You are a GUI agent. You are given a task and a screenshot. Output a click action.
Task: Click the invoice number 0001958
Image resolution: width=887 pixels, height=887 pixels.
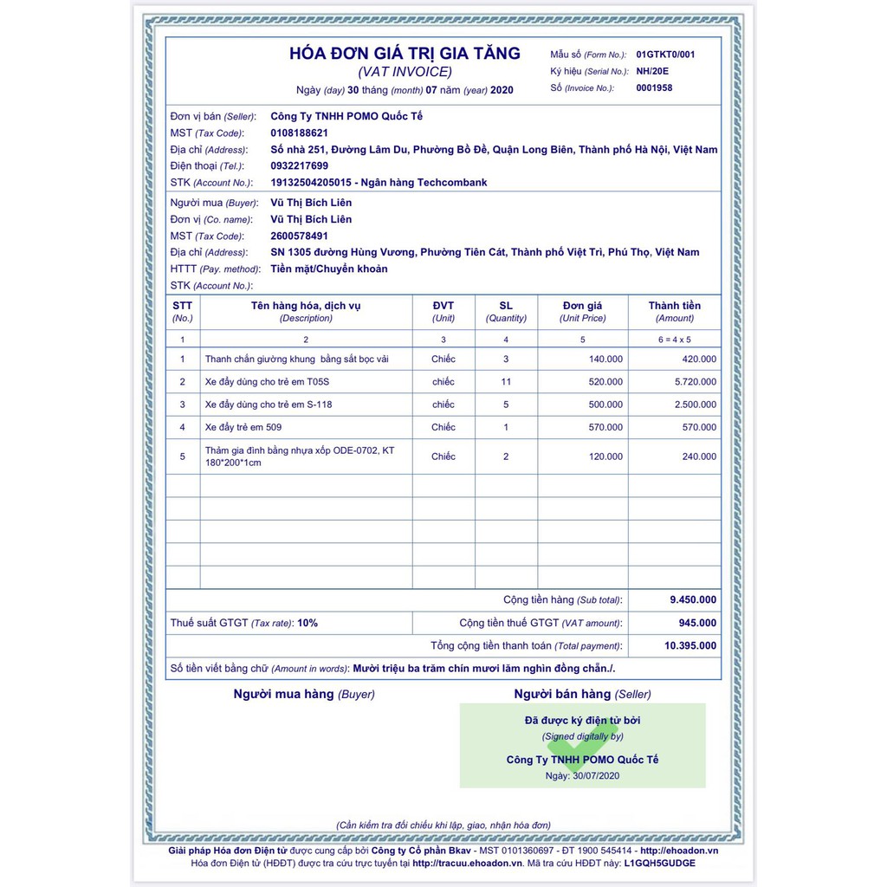[x=654, y=87]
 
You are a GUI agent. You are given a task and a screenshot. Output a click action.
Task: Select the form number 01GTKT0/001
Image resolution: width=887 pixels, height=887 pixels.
[x=665, y=54]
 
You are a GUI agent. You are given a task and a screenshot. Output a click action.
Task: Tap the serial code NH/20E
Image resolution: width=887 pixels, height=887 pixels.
[x=652, y=71]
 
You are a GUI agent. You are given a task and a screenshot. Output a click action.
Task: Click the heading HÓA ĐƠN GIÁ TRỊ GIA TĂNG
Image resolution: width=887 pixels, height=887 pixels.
[x=405, y=53]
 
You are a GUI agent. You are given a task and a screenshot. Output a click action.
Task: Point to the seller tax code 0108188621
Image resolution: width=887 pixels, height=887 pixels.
[x=299, y=133]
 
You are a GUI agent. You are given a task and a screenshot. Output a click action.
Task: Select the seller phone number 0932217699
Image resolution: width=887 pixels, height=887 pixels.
[x=299, y=165]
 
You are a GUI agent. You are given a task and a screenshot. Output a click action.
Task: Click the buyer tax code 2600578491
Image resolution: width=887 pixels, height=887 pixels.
[x=299, y=236]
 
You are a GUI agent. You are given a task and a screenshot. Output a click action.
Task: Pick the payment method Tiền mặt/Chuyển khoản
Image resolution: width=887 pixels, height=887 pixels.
[x=329, y=269]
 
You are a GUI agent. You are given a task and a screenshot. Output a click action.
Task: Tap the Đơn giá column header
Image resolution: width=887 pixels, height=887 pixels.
[x=582, y=306]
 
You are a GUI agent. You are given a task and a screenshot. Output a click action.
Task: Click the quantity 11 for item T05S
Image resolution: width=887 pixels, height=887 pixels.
[x=506, y=381]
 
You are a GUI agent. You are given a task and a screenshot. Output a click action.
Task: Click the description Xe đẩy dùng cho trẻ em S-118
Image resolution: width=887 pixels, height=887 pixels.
[x=269, y=405]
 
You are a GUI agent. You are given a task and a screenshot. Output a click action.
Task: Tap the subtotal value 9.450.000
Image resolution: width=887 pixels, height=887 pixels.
[x=693, y=599]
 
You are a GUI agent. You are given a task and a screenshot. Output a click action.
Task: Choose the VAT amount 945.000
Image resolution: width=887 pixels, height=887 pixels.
[x=697, y=623]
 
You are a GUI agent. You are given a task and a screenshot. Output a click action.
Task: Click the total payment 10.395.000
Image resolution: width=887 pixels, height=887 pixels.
[x=690, y=645]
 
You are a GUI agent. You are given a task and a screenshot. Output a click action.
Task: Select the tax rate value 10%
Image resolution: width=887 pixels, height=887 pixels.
[x=308, y=623]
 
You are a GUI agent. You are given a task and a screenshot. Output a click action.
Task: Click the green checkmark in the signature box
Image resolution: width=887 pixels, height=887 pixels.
[x=582, y=743]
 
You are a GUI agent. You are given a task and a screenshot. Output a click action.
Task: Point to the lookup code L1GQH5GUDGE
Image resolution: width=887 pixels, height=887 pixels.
[x=659, y=863]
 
